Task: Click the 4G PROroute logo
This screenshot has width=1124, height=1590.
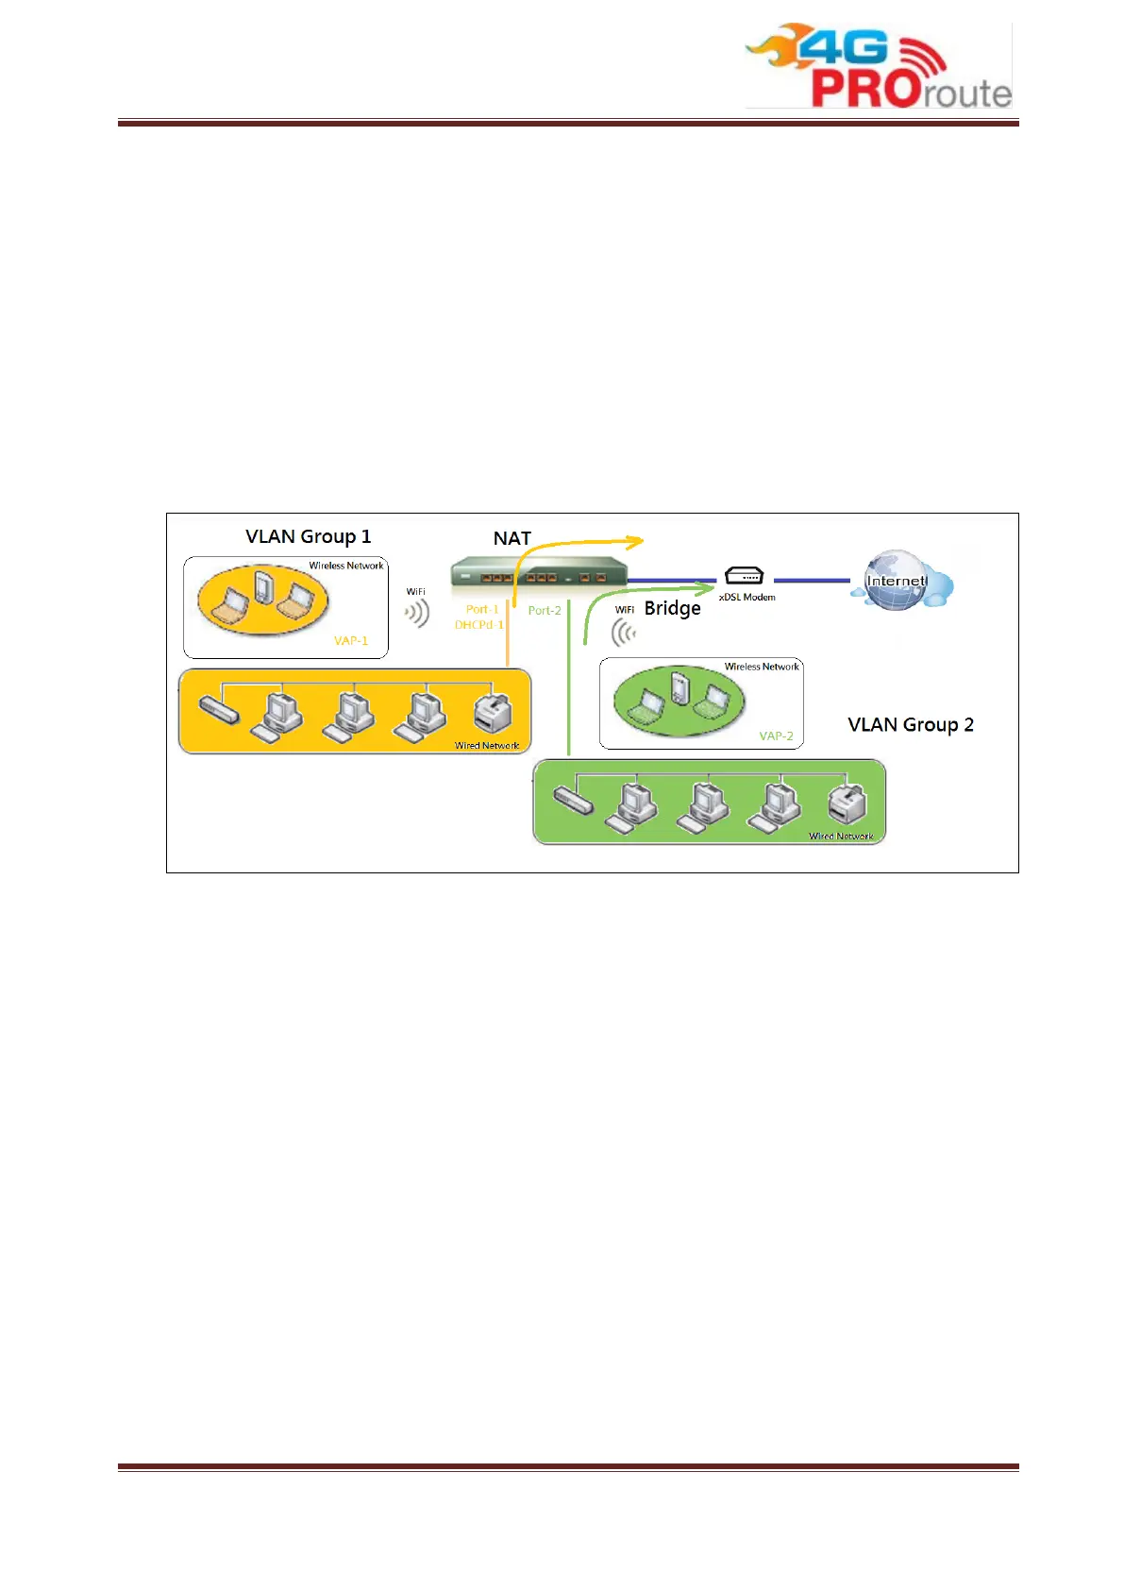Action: pyautogui.click(x=878, y=66)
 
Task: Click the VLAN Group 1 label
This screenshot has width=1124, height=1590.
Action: pyautogui.click(x=308, y=536)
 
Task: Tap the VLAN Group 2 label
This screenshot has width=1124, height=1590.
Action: pyautogui.click(x=910, y=724)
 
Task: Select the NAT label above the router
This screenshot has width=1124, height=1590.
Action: pyautogui.click(x=512, y=538)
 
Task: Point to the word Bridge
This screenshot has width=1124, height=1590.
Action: pyautogui.click(x=672, y=608)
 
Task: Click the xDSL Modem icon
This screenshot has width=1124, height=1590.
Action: pyautogui.click(x=744, y=575)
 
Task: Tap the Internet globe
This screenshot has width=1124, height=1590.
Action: pyautogui.click(x=896, y=580)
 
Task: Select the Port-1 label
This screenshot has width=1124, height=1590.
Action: pyautogui.click(x=482, y=609)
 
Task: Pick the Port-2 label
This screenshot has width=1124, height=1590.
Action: pyautogui.click(x=545, y=610)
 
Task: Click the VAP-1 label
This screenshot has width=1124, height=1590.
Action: pyautogui.click(x=351, y=640)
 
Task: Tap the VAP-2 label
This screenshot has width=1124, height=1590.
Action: pyautogui.click(x=776, y=736)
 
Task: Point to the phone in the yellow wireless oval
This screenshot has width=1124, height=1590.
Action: pyautogui.click(x=263, y=585)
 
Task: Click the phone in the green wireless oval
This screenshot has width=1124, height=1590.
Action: pyautogui.click(x=679, y=685)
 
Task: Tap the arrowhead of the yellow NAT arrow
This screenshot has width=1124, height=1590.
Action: pyautogui.click(x=637, y=541)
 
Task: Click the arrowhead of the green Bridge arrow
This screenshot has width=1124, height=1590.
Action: pyautogui.click(x=708, y=589)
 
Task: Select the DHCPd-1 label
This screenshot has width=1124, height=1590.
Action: pyautogui.click(x=479, y=625)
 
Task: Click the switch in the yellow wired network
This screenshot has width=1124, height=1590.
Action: pyautogui.click(x=219, y=708)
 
